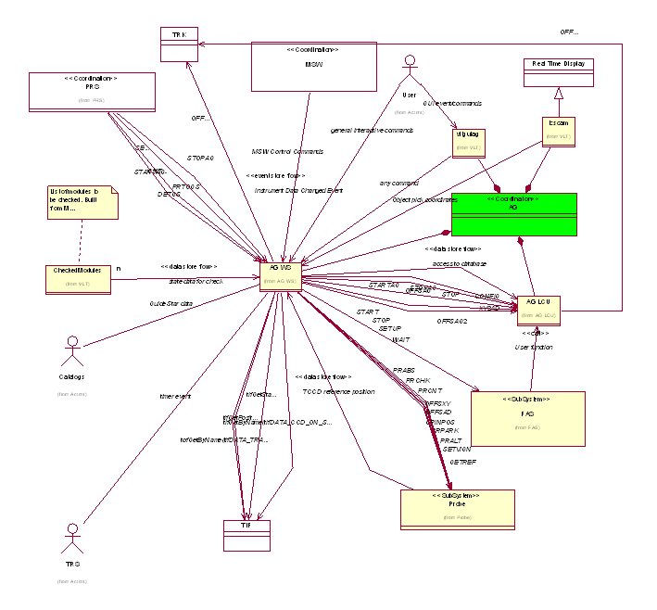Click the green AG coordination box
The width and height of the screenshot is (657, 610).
[x=513, y=214]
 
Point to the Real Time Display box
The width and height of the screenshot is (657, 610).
[x=558, y=72]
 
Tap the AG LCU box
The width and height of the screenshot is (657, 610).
[x=538, y=311]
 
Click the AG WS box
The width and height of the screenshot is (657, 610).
[x=280, y=274]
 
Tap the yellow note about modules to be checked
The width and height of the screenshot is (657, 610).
[x=83, y=202]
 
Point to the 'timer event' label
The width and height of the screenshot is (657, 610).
[x=175, y=396]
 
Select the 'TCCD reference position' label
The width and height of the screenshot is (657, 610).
[x=339, y=391]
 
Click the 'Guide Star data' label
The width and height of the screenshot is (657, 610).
[x=171, y=303]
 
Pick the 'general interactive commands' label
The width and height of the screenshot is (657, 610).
[x=372, y=131]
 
